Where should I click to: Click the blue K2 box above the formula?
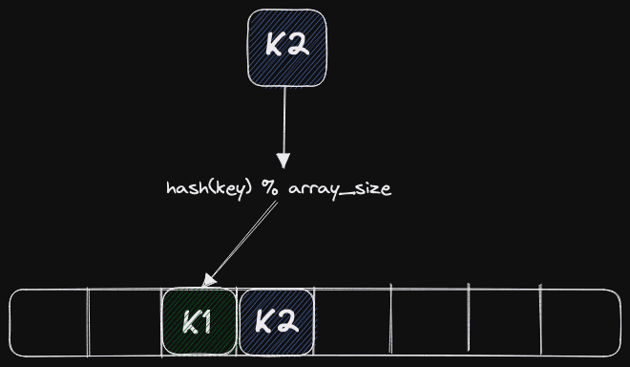(287, 48)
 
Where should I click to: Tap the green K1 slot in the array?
(199, 321)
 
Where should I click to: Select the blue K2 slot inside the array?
(277, 322)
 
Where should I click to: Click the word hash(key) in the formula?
(209, 188)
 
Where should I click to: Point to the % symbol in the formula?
(269, 187)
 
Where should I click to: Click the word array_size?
(340, 188)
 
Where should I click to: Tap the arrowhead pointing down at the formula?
(283, 161)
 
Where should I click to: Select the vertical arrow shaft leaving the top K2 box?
(284, 119)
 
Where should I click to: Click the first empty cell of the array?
(49, 322)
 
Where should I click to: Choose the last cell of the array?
(581, 322)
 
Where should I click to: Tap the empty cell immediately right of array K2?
(352, 322)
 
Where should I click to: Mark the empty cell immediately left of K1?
(125, 322)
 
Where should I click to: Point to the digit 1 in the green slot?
(205, 322)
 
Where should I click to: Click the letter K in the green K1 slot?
(191, 323)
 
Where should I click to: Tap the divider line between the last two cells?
(540, 319)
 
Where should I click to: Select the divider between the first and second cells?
(88, 322)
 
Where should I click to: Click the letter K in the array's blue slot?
(264, 322)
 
